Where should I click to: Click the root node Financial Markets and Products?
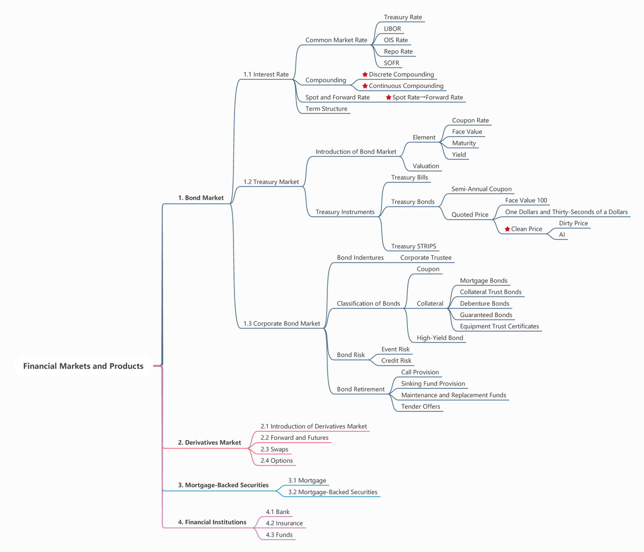[83, 366]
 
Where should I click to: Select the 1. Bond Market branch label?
[201, 198]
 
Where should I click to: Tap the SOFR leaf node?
[391, 63]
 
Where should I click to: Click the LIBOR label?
[392, 28]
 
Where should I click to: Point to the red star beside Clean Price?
[507, 229]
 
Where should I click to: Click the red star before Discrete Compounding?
[365, 75]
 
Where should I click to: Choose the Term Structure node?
[326, 109]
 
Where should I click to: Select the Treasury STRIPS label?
[413, 246]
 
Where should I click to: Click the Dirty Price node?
[573, 223]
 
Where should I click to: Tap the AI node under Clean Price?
[562, 234]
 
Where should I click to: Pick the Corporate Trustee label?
[426, 257]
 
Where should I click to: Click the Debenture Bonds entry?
[484, 304]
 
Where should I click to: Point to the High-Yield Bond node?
[440, 338]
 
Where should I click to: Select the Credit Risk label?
[396, 360]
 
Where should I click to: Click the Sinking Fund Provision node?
[433, 384]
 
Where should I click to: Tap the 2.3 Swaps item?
[274, 449]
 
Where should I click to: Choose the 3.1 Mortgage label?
[307, 481]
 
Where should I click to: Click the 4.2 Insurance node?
[284, 523]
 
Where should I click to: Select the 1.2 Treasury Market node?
[271, 182]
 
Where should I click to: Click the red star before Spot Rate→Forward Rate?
[389, 98]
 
